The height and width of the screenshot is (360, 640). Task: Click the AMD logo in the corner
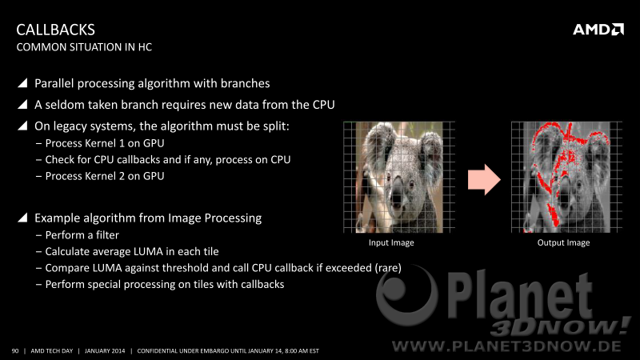(x=598, y=30)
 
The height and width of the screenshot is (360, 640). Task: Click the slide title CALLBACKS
(x=55, y=30)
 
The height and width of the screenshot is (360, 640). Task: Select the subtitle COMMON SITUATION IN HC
(x=84, y=47)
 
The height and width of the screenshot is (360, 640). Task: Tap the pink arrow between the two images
(x=484, y=179)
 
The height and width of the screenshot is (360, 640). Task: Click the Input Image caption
(x=391, y=242)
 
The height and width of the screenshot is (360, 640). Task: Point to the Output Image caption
(x=563, y=242)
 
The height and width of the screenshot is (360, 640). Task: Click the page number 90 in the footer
(x=15, y=351)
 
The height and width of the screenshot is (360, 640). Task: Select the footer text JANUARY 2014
(x=105, y=351)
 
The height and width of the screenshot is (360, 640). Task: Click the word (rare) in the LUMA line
(x=388, y=268)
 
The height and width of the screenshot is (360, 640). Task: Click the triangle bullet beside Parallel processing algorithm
(x=22, y=83)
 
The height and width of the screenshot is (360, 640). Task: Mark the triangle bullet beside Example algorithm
(x=22, y=218)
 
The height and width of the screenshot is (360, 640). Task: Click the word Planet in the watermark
(x=519, y=296)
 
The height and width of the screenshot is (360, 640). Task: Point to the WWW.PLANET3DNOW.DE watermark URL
(x=506, y=346)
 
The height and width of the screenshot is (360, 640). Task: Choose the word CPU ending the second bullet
(x=324, y=105)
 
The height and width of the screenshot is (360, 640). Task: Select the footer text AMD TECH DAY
(x=52, y=351)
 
